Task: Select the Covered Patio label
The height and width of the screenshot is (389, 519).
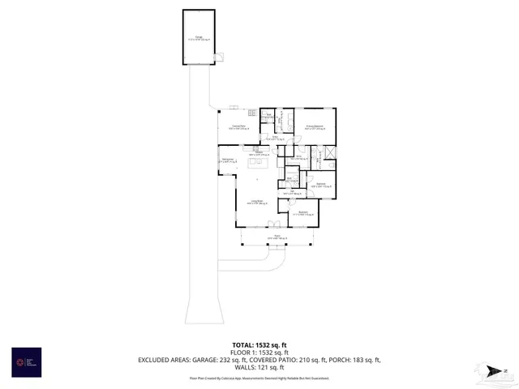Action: coord(238,127)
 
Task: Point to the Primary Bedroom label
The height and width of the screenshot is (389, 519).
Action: coord(315,127)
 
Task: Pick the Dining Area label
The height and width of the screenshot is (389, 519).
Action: coord(229,161)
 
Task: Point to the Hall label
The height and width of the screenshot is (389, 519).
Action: coord(298,158)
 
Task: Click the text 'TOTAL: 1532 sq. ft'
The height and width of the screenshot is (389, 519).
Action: coord(259,344)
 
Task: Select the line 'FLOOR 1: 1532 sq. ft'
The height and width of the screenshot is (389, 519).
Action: coord(259,352)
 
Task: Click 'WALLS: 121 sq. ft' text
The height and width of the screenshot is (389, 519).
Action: coord(259,367)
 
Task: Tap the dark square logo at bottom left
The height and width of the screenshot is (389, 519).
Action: coord(25,361)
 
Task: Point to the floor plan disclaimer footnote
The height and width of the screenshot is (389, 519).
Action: coord(259,378)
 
